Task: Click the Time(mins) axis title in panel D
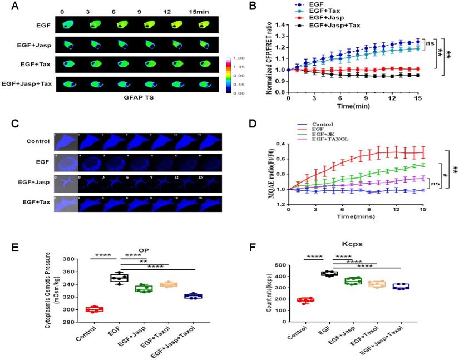pyautogui.click(x=356, y=214)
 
